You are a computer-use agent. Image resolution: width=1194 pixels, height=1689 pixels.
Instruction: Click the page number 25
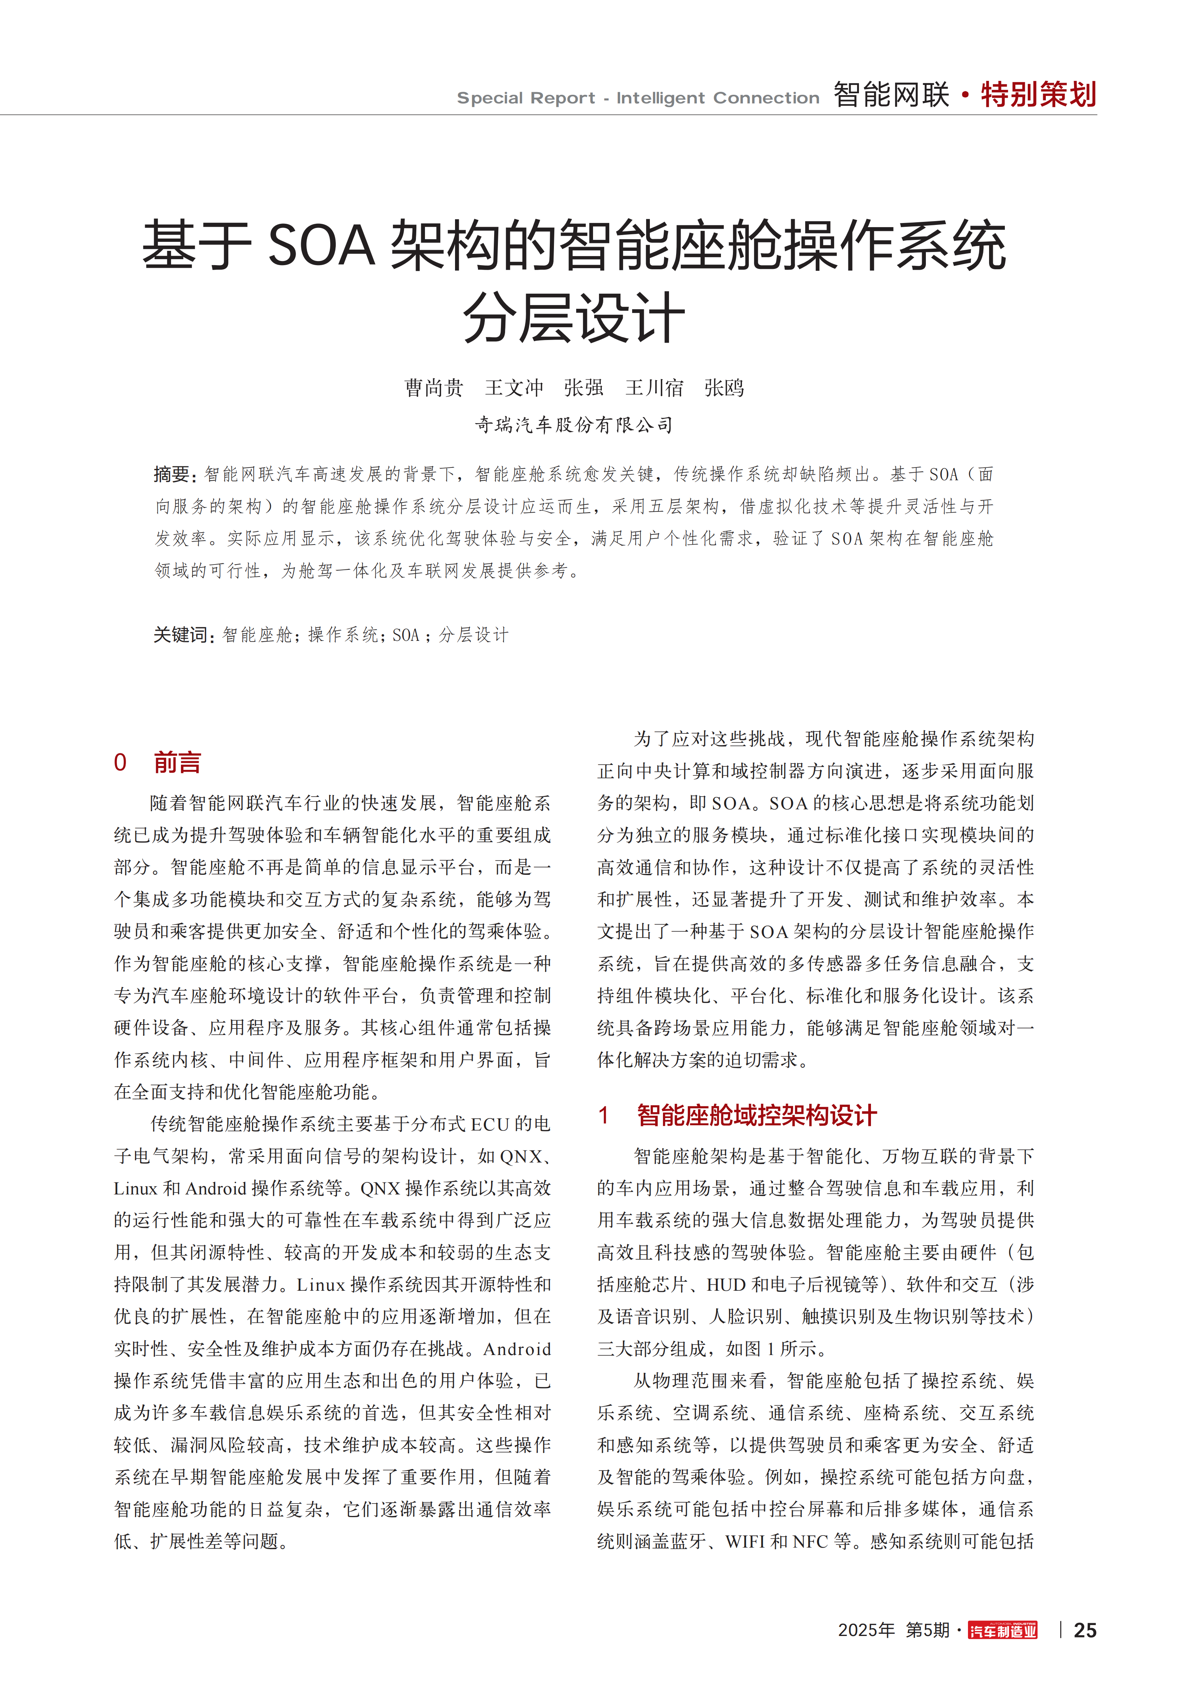1085,1630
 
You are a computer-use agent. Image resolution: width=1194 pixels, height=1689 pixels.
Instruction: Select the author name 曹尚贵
434,388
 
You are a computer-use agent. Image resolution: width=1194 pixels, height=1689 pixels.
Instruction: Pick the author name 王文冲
513,388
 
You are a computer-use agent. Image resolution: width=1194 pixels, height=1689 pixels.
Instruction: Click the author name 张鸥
724,388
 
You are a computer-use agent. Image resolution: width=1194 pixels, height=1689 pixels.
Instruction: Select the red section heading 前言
177,763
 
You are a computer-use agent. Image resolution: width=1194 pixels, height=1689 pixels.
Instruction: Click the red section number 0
120,763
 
